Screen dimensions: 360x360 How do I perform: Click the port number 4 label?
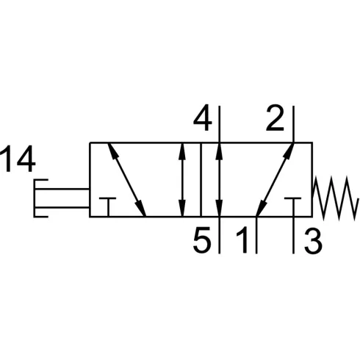[x=202, y=118]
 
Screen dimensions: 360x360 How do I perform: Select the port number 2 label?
[x=275, y=118]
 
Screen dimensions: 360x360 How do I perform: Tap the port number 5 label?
[x=202, y=240]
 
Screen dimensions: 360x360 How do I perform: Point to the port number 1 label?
[x=242, y=240]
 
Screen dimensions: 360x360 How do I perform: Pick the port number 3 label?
[x=313, y=240]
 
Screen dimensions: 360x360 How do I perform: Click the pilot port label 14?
[x=18, y=159]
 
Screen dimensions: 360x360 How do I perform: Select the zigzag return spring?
[x=334, y=198]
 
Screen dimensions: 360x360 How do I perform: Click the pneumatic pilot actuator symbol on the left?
[x=61, y=198]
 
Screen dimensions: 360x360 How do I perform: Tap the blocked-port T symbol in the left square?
[x=108, y=207]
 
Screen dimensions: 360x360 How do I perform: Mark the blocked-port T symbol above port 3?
[x=293, y=207]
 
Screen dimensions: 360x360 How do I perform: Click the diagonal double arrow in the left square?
[x=127, y=180]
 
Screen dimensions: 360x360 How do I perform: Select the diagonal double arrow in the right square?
[x=275, y=180]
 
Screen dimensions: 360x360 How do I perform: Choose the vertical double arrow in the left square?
[x=182, y=180]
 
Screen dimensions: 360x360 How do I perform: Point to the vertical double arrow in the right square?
[x=219, y=180]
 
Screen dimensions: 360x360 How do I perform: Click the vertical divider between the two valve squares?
[x=201, y=180]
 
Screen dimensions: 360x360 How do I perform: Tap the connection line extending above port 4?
[x=219, y=124]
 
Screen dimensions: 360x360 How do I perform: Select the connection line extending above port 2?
[x=293, y=124]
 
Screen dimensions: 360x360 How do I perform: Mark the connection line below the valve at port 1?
[x=256, y=235]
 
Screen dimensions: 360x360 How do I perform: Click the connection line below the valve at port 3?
[x=293, y=235]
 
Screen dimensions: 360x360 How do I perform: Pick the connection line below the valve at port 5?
[x=219, y=235]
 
